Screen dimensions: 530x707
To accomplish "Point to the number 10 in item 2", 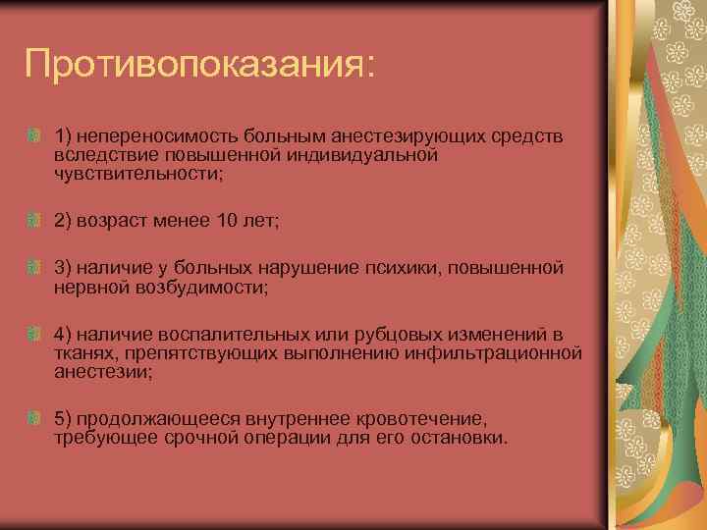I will (226, 222).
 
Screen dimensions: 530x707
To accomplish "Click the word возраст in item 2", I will (120, 222).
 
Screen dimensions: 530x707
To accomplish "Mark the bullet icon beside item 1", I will (34, 132).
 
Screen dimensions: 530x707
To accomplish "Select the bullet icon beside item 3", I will (34, 267).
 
